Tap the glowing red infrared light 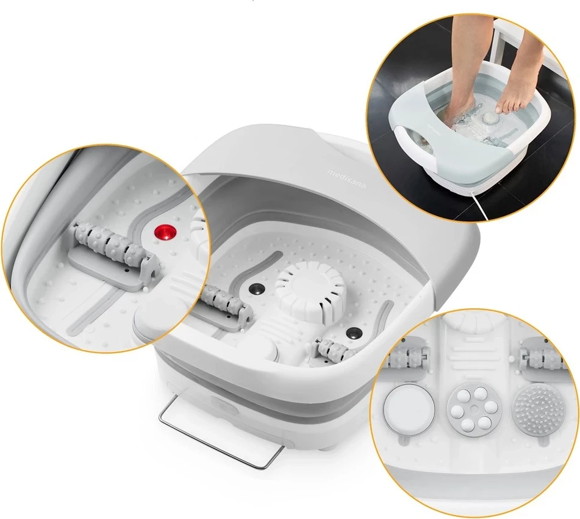click(165, 233)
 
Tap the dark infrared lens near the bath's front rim click(353, 333)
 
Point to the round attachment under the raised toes click(490, 119)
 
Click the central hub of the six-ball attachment click(470, 409)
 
